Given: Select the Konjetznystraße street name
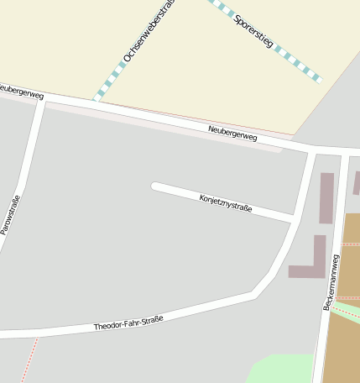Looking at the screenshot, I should (226, 203).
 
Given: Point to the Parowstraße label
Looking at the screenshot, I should (9, 213).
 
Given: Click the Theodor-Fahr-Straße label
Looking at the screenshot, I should (128, 323).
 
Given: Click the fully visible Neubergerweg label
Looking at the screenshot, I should (232, 133).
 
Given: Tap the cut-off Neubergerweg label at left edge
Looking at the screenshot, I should (21, 91).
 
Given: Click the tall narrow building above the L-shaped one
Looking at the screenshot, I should (326, 198).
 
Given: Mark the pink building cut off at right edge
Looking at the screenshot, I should (357, 182).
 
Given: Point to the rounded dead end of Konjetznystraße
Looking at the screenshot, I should (155, 186).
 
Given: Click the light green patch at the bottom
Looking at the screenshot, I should (281, 369).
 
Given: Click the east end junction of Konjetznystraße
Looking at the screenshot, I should (293, 220).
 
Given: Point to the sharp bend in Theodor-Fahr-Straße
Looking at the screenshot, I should (254, 293).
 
